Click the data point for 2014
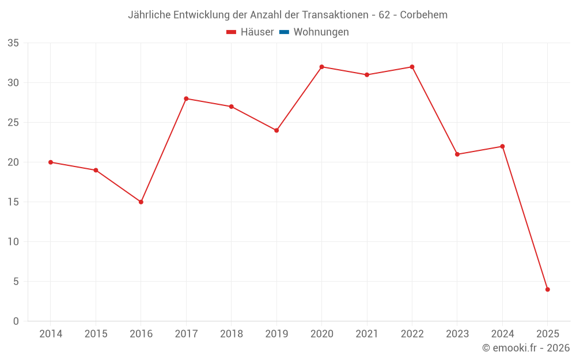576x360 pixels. tap(51, 162)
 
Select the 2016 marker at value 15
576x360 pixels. tap(141, 202)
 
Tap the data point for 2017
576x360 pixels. tap(186, 98)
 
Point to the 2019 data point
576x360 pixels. tap(276, 130)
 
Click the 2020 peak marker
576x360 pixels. tap(322, 67)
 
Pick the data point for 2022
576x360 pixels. tap(412, 67)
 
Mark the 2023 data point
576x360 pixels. tap(457, 154)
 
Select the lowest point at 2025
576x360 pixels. tap(548, 290)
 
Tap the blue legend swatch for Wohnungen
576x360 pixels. tap(284, 32)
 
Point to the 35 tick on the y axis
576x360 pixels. tap(13, 43)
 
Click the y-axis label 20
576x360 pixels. tap(13, 162)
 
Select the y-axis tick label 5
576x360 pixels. tap(16, 282)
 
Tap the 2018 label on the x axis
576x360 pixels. tap(231, 334)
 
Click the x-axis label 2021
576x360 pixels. tap(367, 334)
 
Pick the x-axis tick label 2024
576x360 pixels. tap(502, 334)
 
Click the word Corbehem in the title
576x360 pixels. tap(423, 15)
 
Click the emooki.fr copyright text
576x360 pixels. tap(526, 348)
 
